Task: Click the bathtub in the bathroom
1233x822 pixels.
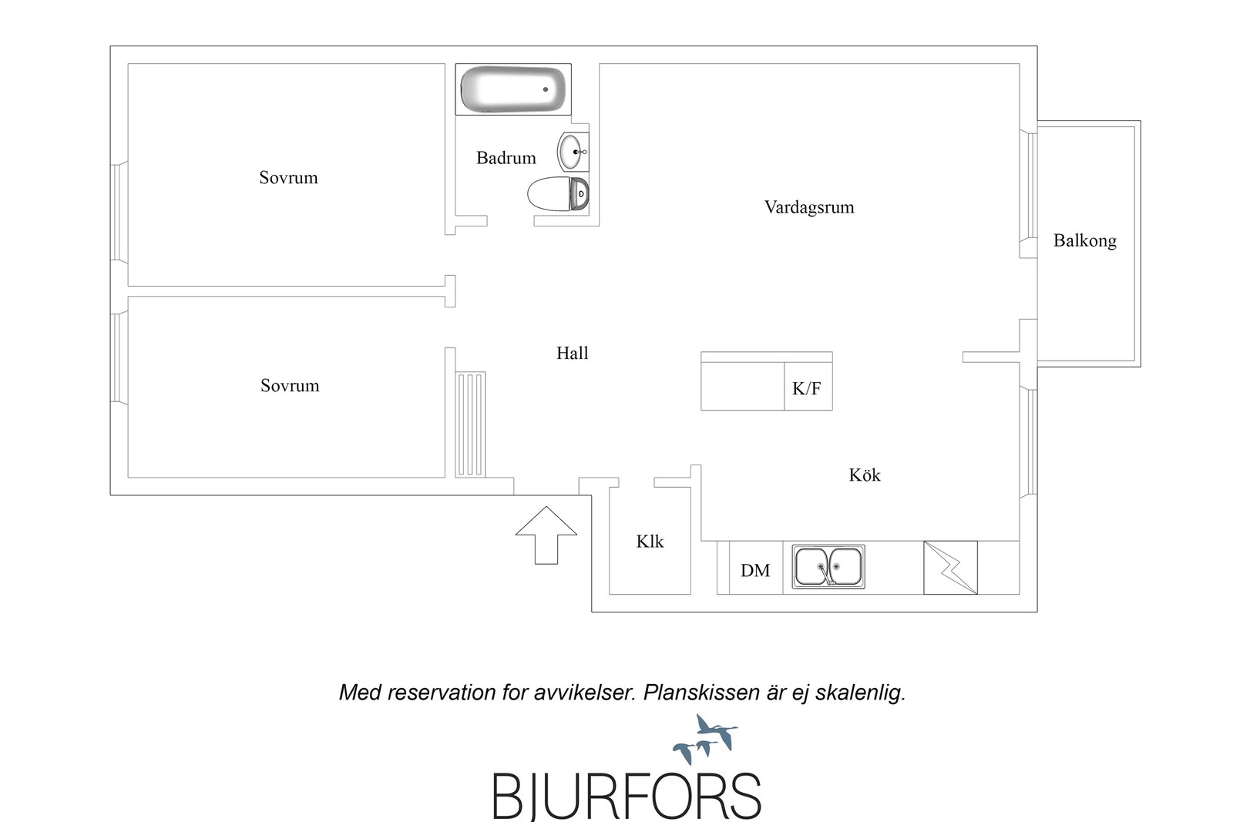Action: point(513,89)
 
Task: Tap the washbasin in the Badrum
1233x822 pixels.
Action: point(573,151)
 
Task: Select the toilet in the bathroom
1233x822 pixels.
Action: point(558,193)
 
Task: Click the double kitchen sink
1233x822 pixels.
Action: point(828,567)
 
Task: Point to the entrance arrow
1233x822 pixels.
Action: point(546,535)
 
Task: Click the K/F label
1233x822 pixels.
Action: point(806,389)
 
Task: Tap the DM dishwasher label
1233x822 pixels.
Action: point(755,571)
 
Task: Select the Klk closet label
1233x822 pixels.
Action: point(650,542)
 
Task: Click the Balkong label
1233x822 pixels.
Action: point(1085,241)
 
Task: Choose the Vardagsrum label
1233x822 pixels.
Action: point(809,207)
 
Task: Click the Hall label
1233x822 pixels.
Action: point(573,354)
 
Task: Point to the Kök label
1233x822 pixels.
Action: point(864,475)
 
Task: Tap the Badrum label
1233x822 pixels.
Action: point(506,158)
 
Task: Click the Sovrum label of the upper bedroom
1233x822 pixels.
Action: point(288,178)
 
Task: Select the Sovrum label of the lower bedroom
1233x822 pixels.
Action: point(290,386)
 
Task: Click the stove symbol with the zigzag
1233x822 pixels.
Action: point(951,568)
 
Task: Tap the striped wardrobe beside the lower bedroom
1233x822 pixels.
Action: point(471,424)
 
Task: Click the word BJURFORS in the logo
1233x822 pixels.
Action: point(627,796)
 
